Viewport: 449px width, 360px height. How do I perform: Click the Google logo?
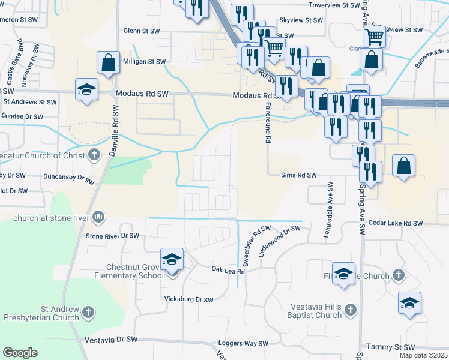click(20, 353)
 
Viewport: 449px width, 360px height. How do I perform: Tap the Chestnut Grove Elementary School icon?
click(172, 260)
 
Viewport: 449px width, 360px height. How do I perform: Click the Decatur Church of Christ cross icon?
click(94, 155)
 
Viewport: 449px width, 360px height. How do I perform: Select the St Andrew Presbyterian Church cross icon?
click(88, 312)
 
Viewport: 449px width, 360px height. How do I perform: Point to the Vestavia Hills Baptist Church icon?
click(351, 310)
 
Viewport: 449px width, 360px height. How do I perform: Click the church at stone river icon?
click(98, 217)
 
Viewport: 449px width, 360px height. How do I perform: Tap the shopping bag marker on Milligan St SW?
click(107, 63)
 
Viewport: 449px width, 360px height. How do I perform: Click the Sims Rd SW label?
click(298, 175)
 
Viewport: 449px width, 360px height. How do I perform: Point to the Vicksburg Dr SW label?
click(189, 299)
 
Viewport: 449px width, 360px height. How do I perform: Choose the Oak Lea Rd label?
click(229, 271)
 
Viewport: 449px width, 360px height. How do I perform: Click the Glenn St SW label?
click(142, 30)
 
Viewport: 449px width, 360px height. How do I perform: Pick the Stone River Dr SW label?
click(112, 236)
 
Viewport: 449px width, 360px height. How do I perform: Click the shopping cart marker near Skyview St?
click(374, 37)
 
